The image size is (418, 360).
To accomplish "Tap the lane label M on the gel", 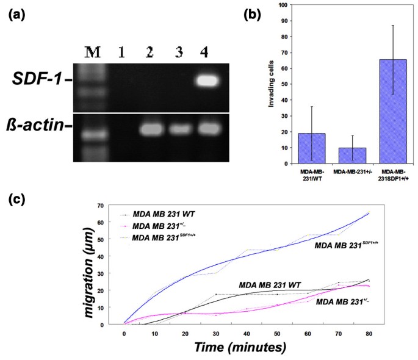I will [x=92, y=52].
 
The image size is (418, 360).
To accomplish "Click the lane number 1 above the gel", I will [x=121, y=53].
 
